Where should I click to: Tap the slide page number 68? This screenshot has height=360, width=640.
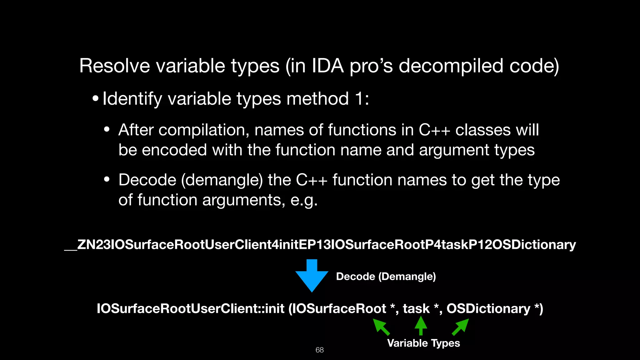[319, 350]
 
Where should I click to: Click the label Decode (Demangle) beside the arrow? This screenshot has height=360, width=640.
[386, 277]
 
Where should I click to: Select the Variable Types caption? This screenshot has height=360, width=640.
[423, 343]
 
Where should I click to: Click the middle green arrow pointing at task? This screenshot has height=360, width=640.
[421, 326]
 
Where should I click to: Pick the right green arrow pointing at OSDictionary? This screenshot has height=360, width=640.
[461, 327]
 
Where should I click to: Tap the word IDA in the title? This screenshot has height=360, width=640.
[328, 66]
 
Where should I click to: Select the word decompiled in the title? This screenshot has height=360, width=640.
[451, 66]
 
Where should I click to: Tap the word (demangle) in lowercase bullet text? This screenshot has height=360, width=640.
[222, 180]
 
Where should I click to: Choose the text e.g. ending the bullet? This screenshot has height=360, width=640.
[304, 200]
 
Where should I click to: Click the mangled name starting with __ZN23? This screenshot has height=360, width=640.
[320, 244]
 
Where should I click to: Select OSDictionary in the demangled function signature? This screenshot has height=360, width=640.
[488, 309]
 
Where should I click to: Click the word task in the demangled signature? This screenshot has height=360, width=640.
[416, 309]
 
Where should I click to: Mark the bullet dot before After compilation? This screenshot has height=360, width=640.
[107, 129]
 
